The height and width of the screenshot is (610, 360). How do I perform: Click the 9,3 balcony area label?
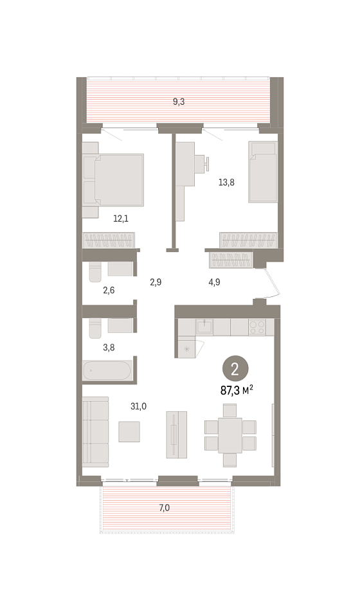(x=179, y=102)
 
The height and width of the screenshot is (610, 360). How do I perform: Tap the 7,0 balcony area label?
(x=164, y=508)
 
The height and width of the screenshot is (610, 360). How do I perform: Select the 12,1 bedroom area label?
(x=121, y=219)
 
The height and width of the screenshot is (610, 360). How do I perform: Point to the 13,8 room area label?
(x=226, y=182)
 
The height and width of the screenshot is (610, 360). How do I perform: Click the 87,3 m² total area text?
(x=237, y=390)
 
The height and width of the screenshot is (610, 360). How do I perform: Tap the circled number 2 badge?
(x=235, y=369)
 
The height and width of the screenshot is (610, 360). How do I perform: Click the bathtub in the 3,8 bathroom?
(x=107, y=371)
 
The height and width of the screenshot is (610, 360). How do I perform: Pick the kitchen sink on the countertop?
(x=204, y=327)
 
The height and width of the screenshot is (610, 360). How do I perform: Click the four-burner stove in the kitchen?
(x=257, y=327)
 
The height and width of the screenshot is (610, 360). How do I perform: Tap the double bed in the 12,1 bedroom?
(x=113, y=180)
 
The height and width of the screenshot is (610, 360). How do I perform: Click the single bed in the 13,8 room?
(x=263, y=172)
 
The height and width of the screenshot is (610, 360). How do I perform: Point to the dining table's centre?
(x=230, y=435)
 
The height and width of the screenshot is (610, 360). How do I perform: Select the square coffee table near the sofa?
(x=129, y=431)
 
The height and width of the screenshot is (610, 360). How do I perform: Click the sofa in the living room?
(x=95, y=431)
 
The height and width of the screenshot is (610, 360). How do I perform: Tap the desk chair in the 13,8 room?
(x=203, y=163)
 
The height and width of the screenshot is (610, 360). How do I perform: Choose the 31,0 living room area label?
(x=139, y=406)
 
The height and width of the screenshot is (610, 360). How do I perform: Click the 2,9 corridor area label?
(x=156, y=282)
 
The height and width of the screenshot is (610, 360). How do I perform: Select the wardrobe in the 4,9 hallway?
(x=231, y=260)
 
